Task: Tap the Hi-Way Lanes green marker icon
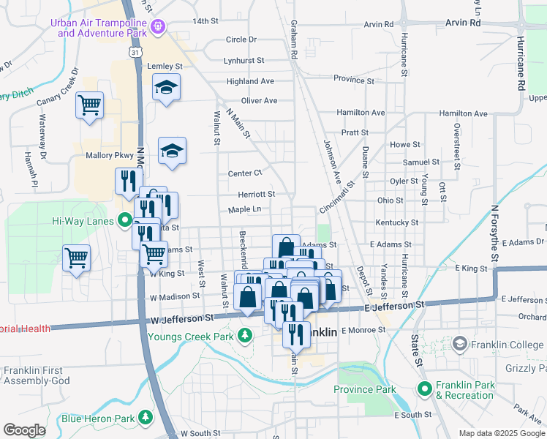click(x=124, y=220)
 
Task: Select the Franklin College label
click(x=506, y=345)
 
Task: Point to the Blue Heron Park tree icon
click(x=146, y=418)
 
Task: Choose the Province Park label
click(x=364, y=389)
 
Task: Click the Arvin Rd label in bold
click(x=464, y=23)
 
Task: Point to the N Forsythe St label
click(x=494, y=233)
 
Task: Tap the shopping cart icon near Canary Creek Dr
click(x=89, y=105)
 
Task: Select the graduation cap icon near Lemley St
click(x=167, y=87)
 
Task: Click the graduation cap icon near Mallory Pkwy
click(x=173, y=151)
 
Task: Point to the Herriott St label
click(x=256, y=195)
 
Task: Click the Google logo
click(x=25, y=430)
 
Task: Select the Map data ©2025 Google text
click(x=501, y=433)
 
